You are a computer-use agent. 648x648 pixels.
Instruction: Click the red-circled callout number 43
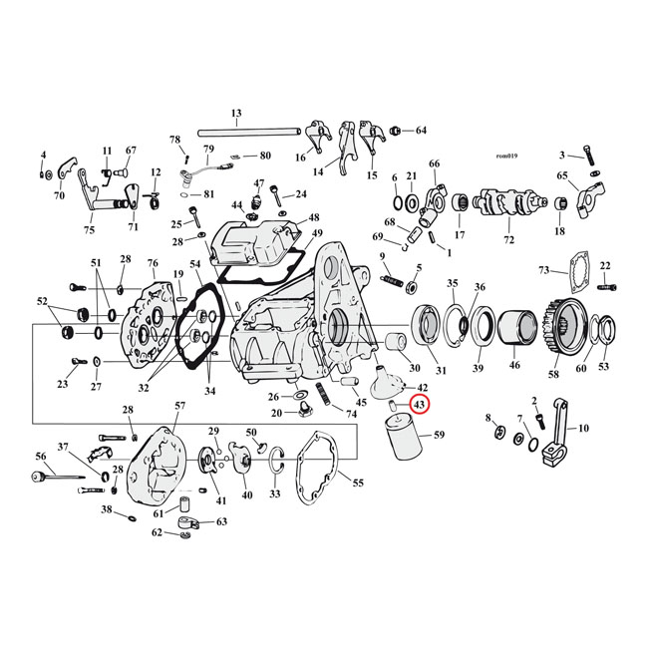point(420,405)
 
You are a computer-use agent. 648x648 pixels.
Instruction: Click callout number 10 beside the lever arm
point(583,429)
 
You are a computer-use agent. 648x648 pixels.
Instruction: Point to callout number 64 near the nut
point(421,131)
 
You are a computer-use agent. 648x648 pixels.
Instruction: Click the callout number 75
point(89,229)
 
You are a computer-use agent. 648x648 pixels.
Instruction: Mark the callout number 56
point(41,456)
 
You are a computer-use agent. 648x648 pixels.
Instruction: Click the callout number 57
point(179,406)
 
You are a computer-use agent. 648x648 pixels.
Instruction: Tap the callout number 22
point(604,265)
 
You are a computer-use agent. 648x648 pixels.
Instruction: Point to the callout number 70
point(59,196)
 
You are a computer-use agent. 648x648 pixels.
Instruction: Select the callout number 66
point(434,163)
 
